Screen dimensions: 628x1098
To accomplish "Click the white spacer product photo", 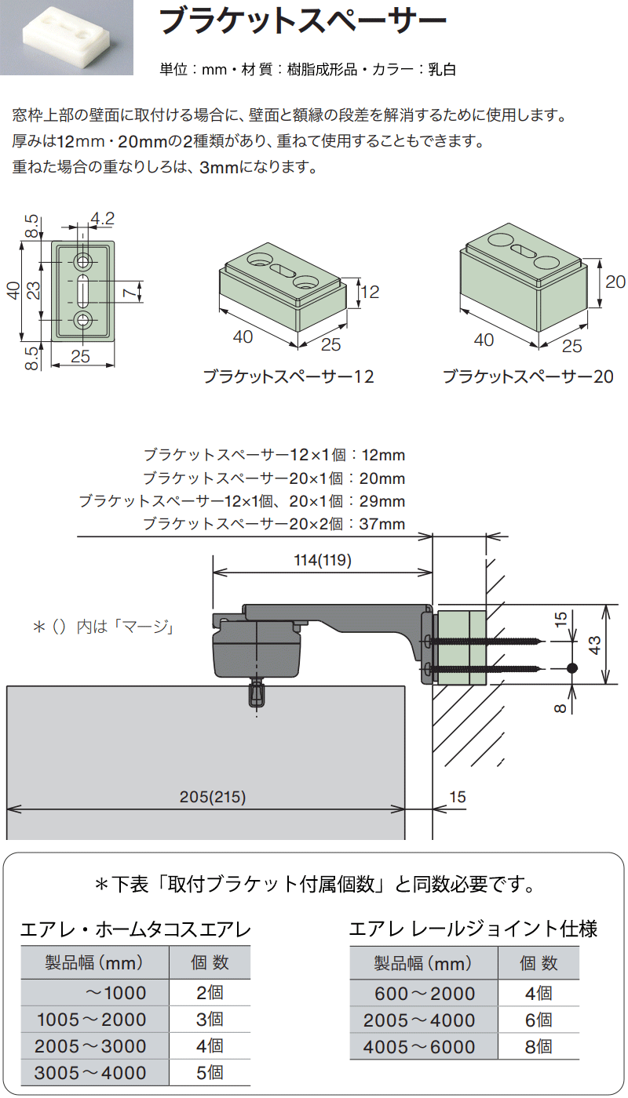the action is click(66, 38).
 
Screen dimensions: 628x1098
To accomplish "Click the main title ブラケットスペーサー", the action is click(303, 21).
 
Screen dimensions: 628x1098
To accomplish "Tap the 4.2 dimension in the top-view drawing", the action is click(103, 218).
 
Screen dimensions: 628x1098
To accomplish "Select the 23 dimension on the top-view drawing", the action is click(33, 290).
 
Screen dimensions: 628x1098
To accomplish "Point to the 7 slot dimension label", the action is click(129, 293).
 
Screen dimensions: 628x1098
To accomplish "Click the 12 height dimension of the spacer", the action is click(371, 292).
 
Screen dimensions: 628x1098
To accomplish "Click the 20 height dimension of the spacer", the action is click(615, 282).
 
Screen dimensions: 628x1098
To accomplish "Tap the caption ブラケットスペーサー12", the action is click(289, 376).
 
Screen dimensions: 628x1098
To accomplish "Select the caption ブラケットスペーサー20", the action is click(528, 376).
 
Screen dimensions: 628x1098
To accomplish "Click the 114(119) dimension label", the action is click(323, 560).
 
